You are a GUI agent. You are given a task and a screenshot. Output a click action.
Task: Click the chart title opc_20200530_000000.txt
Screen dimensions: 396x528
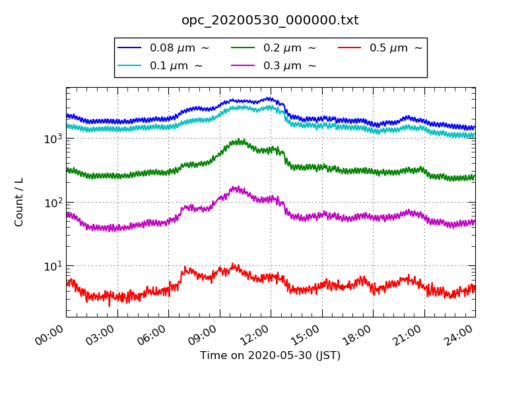point(270,20)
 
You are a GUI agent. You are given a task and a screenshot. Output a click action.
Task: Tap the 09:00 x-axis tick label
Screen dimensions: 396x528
point(205,332)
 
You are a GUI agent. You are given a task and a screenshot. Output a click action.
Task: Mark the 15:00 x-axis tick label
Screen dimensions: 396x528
point(307,332)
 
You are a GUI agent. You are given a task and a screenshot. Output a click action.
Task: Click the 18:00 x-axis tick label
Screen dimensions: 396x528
point(358,332)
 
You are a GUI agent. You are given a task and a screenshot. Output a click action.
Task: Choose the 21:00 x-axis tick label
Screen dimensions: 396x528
point(409,332)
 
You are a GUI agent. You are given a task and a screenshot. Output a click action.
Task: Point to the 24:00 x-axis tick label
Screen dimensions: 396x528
point(460,332)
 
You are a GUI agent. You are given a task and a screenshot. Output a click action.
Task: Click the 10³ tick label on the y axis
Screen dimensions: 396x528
point(53,139)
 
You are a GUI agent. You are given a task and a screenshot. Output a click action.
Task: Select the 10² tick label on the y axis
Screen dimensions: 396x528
point(53,202)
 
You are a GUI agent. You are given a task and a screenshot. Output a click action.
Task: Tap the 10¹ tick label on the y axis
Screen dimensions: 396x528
point(53,266)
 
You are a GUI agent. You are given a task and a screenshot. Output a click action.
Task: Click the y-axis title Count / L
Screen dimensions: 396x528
point(19,202)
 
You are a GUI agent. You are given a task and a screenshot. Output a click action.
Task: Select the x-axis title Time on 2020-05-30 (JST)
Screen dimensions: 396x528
point(270,356)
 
